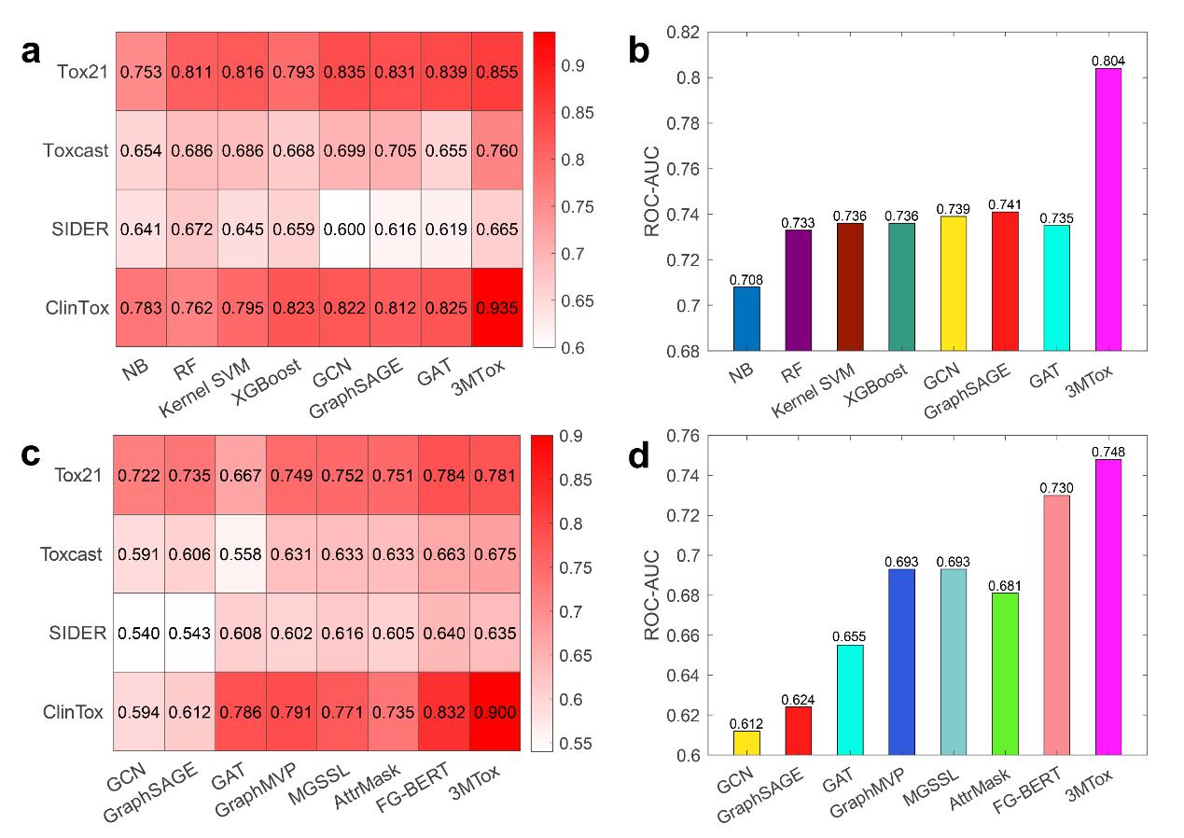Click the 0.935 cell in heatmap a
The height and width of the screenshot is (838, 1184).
[x=497, y=306]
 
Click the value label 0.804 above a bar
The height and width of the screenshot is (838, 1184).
[x=1107, y=61]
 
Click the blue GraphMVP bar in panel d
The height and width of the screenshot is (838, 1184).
[x=901, y=662]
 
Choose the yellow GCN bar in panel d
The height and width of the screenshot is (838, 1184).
[x=745, y=743]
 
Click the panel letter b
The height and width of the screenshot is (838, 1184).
[x=639, y=50]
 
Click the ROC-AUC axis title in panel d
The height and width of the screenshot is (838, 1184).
[x=650, y=595]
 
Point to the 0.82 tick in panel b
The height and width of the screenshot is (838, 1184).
[x=685, y=33]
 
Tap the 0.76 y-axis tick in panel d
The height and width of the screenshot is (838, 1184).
[x=685, y=436]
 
